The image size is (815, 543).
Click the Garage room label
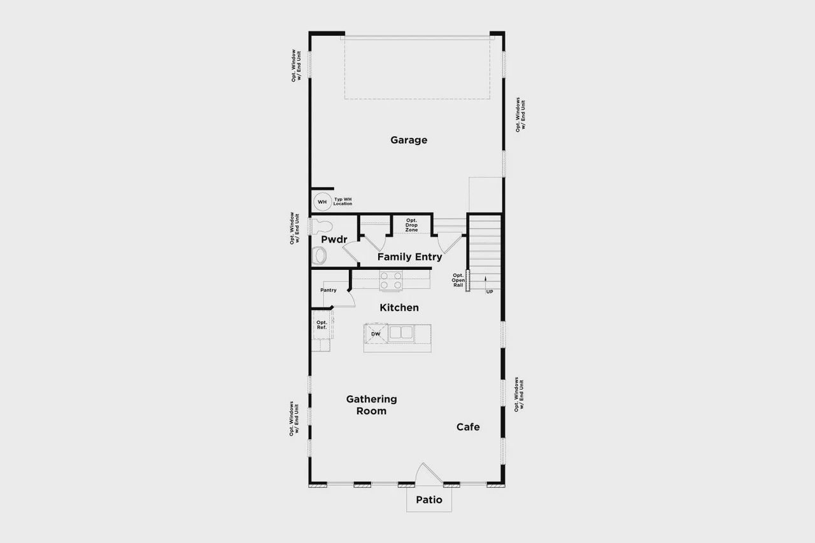[409, 140]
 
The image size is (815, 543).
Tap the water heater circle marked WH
[322, 202]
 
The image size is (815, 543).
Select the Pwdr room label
[334, 239]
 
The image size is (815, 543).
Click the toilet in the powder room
[322, 227]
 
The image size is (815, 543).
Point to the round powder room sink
[320, 256]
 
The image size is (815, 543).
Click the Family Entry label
[409, 257]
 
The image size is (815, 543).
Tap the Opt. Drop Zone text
[411, 225]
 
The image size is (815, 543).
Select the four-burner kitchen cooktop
[391, 281]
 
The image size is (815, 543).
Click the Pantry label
[329, 290]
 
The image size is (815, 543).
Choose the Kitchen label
[399, 308]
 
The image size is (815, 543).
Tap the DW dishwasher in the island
[376, 334]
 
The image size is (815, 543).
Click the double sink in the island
[400, 333]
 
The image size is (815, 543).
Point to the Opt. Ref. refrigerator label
[322, 325]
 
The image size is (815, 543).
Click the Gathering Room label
[371, 405]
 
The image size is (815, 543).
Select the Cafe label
[468, 427]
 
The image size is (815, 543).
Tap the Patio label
[429, 500]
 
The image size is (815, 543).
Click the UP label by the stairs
[489, 292]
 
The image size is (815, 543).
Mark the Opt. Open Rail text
[458, 280]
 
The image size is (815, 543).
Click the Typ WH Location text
[343, 201]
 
